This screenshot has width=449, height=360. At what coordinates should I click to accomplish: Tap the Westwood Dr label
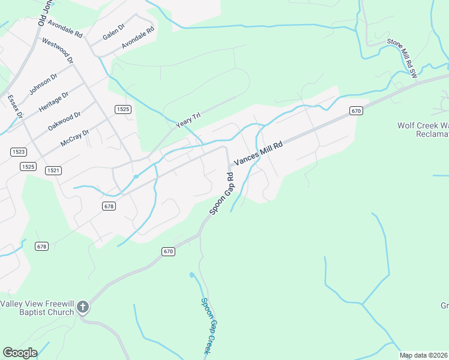tap(58, 52)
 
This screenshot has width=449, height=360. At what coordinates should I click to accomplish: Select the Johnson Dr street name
tap(43, 85)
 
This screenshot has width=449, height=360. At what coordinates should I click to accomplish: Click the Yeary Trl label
tap(187, 119)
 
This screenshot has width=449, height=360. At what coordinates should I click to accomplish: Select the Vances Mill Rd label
tap(258, 152)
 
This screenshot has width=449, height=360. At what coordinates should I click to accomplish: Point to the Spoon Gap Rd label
tap(221, 194)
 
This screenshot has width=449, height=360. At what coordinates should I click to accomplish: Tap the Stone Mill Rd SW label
tap(402, 58)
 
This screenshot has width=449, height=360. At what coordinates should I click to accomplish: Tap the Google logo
tap(20, 353)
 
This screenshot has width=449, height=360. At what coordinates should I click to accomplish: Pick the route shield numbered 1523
tap(18, 152)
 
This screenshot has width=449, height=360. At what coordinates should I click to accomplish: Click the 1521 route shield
tap(53, 170)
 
